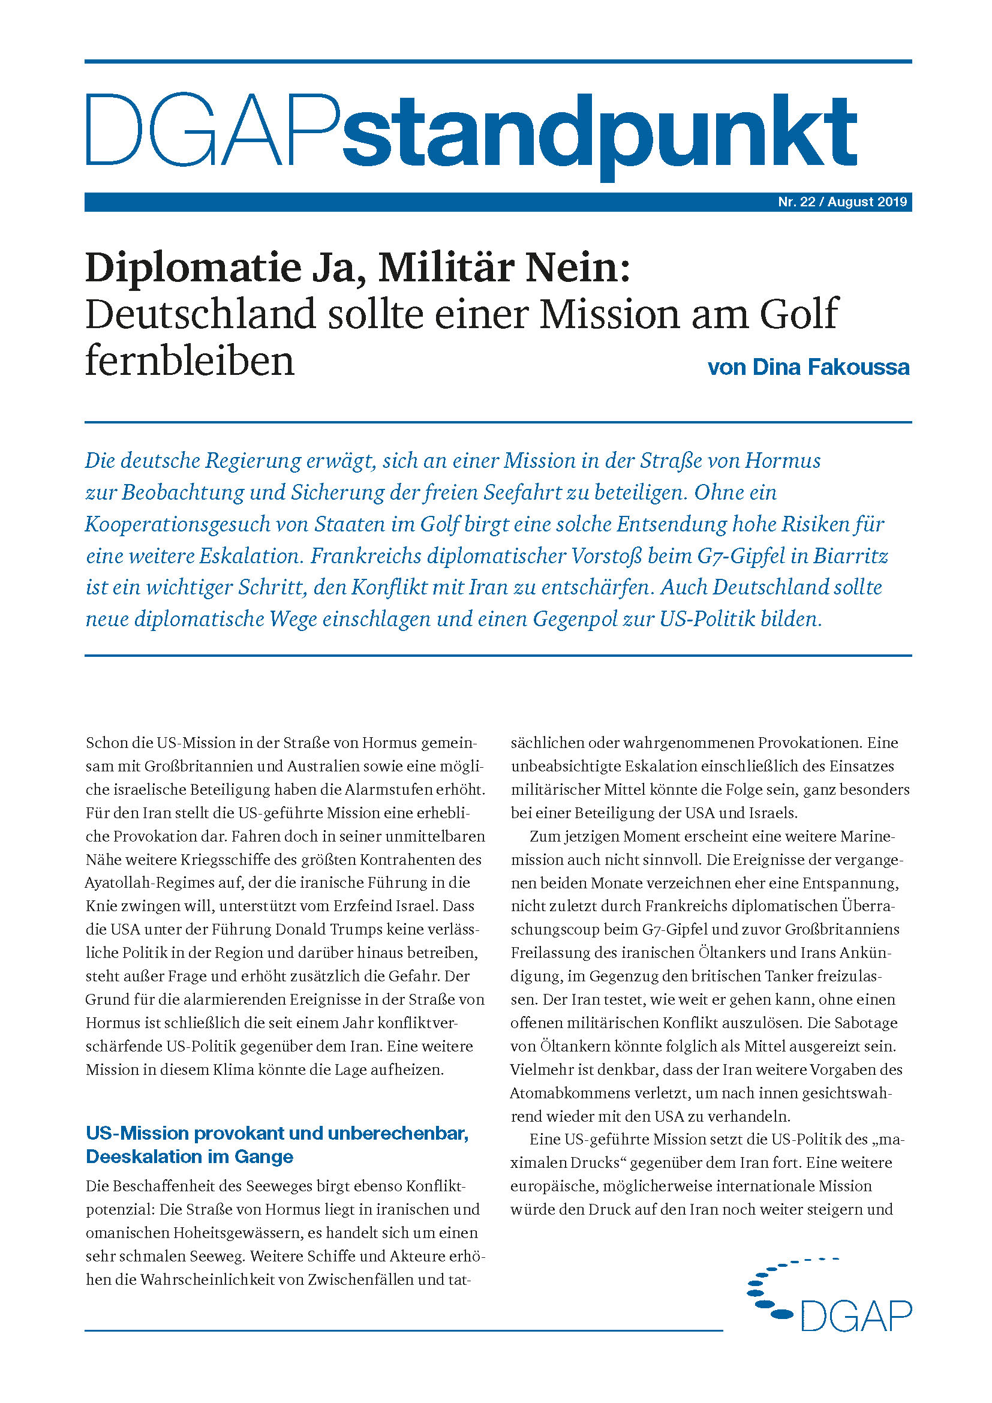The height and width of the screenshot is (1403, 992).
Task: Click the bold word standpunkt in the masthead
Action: [599, 131]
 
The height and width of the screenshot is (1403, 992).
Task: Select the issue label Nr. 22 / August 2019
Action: [842, 202]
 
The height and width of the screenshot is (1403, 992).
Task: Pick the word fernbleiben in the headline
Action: [190, 361]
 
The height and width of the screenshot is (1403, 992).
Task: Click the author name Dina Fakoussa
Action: [831, 366]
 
